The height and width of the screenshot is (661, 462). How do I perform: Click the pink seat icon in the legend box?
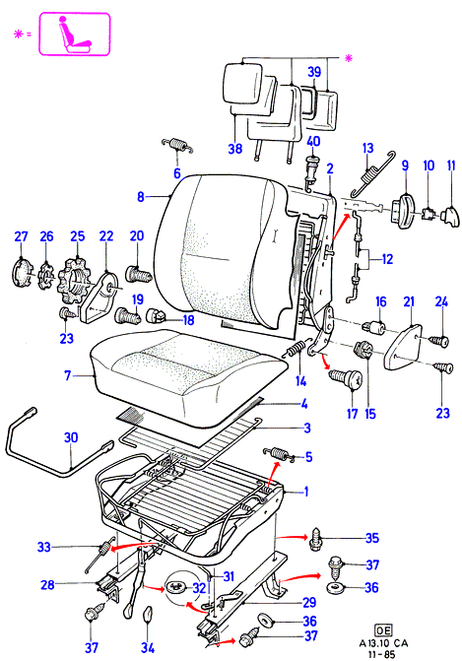(x=74, y=35)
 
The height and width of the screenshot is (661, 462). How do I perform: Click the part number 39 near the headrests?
(x=314, y=72)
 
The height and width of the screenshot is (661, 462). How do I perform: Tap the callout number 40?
(x=313, y=141)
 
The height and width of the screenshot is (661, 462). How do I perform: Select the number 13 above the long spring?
(x=367, y=148)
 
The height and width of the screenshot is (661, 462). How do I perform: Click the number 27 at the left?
(x=21, y=236)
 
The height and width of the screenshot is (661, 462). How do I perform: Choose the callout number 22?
(x=105, y=236)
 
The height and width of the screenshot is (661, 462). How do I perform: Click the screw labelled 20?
(x=139, y=274)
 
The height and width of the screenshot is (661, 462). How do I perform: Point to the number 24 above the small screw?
(x=441, y=301)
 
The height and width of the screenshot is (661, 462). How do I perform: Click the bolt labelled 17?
(x=345, y=379)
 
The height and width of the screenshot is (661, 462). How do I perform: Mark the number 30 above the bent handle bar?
(x=71, y=437)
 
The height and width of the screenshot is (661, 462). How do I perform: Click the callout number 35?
(x=371, y=538)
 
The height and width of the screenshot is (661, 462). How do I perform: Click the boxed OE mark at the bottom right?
(x=383, y=630)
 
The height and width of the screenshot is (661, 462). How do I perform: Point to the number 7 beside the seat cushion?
(x=67, y=374)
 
